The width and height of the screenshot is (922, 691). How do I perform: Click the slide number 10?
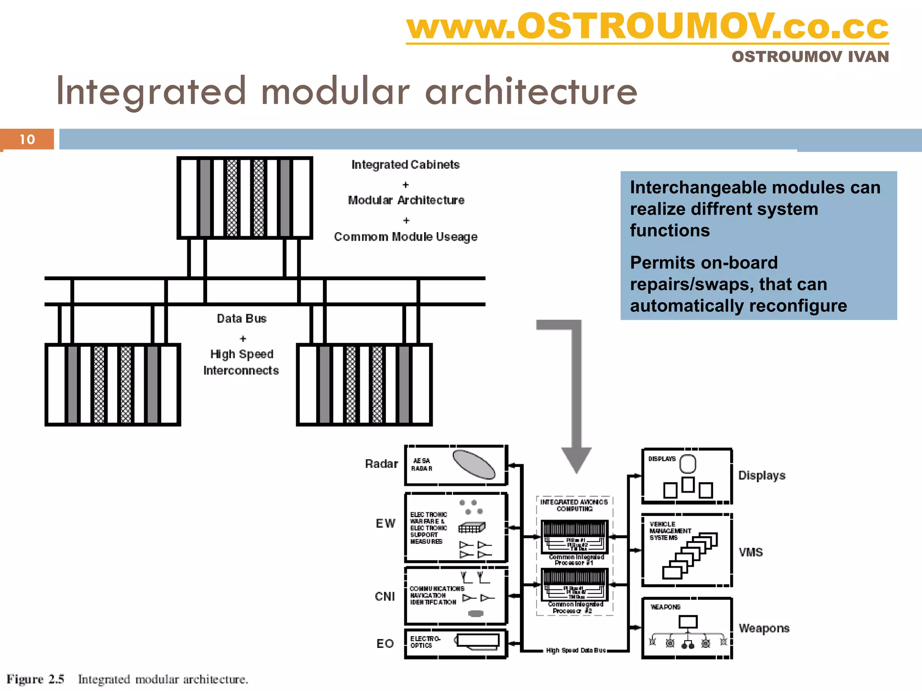click(27, 139)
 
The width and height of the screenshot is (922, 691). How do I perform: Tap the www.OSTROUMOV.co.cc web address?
click(647, 27)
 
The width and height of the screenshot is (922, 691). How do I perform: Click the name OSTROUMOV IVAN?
click(810, 57)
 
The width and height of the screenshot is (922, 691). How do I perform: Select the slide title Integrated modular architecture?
click(347, 91)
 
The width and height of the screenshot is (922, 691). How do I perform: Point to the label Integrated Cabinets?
click(405, 165)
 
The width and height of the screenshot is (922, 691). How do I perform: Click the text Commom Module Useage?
click(405, 237)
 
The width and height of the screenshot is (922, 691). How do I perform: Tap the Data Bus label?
click(241, 319)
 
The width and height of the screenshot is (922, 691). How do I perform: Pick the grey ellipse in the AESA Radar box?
click(474, 464)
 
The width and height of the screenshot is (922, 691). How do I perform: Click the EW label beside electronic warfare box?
click(385, 523)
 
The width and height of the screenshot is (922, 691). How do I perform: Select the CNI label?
click(384, 597)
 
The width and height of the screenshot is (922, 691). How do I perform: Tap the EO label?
click(385, 644)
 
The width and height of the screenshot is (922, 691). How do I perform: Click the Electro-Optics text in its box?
click(425, 642)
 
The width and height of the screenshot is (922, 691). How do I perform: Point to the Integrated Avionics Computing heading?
click(574, 505)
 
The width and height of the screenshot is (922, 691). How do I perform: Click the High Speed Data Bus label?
click(576, 651)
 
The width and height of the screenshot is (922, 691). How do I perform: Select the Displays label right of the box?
click(762, 476)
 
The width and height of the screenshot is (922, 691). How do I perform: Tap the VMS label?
click(750, 552)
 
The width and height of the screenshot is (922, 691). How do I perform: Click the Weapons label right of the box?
click(764, 628)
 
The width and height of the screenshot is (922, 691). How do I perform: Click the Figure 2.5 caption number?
click(35, 679)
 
